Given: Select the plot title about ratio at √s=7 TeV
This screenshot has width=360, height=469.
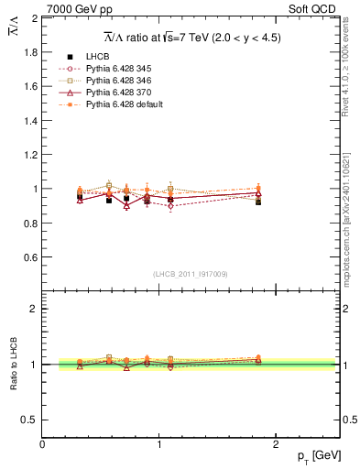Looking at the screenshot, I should pos(191,38).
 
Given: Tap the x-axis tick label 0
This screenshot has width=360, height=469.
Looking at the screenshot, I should pos(42,444).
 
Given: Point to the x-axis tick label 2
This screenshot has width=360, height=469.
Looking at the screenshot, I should pos(277,444).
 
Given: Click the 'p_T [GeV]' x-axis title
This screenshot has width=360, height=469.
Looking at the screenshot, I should pos(316,456).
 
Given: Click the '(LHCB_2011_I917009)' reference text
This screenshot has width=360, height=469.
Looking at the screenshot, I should pos(191,273).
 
